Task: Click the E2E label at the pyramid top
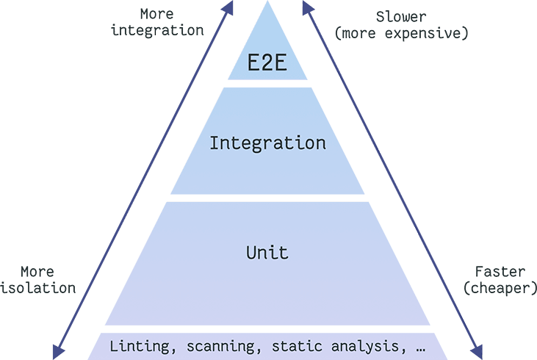[x=267, y=63]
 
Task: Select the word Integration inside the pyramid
[x=267, y=143]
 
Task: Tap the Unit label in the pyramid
[x=267, y=253]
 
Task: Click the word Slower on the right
[x=400, y=17]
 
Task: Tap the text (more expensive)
[x=401, y=32]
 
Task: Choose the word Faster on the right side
[x=497, y=272]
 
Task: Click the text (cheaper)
[x=497, y=287]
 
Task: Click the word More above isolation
[x=37, y=272]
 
